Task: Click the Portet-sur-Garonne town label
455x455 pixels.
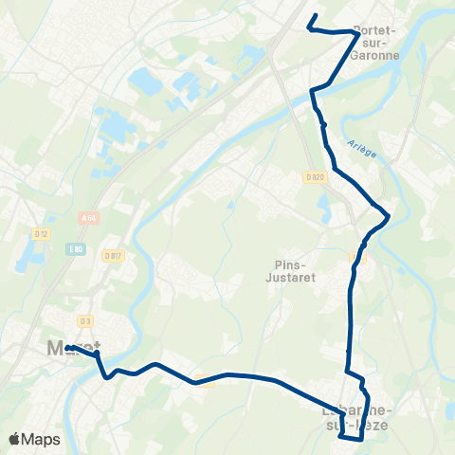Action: tap(375, 43)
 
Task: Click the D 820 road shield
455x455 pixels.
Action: tap(316, 177)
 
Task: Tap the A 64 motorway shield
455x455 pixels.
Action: tap(89, 218)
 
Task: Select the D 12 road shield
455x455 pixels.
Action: tap(41, 233)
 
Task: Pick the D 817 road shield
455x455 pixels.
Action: tap(115, 256)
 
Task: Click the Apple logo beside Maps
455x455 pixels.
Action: tap(14, 439)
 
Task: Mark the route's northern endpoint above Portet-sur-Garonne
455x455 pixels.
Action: tap(315, 15)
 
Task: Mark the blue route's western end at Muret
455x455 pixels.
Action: tap(69, 347)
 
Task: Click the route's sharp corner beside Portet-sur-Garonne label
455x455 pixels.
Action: tap(356, 33)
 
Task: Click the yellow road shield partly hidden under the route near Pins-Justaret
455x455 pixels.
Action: tap(356, 258)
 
